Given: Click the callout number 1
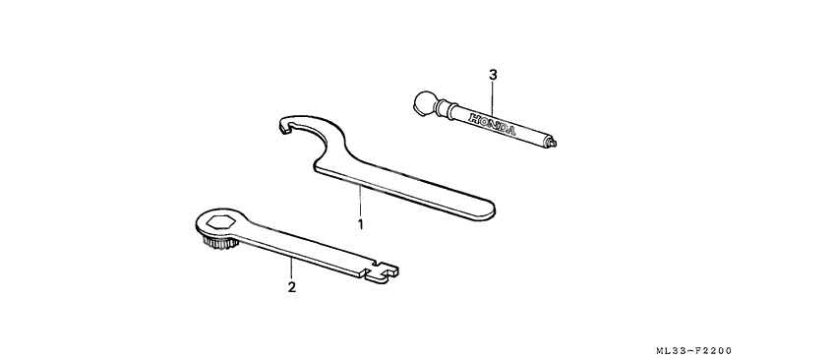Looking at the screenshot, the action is (361, 224).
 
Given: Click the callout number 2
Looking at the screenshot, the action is (291, 288).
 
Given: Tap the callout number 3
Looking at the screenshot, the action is (493, 74).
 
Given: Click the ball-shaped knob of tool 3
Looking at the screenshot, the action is (423, 101).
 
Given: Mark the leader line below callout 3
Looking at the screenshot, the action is (493, 96).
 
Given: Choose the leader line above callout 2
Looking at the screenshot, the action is (291, 268).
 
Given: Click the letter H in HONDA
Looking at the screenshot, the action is (474, 118).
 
